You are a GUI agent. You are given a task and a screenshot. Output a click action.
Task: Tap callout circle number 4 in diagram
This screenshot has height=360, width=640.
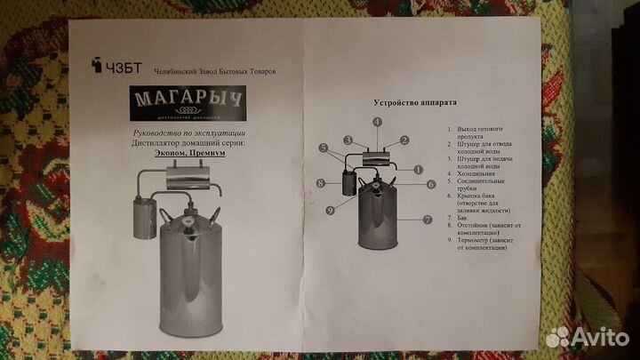[377, 121]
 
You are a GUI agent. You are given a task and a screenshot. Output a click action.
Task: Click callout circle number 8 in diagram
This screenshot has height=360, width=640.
[321, 184]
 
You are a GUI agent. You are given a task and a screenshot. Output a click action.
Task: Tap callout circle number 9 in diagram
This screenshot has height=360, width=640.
[329, 211]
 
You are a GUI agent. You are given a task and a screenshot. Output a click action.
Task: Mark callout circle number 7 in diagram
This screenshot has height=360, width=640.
[428, 219]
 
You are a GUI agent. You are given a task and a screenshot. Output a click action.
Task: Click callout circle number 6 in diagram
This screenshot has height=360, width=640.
[430, 184]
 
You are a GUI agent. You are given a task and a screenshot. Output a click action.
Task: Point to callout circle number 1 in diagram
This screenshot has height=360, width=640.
[417, 168]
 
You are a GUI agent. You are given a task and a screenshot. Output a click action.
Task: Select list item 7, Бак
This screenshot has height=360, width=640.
[462, 216]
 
